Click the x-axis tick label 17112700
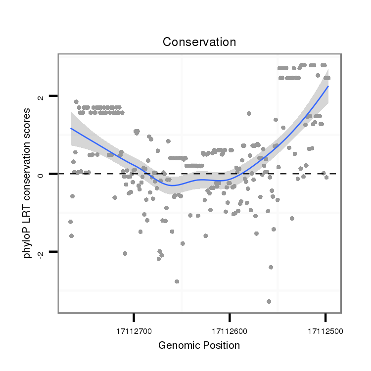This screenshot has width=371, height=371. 134,330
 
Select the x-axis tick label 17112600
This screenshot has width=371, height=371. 230,330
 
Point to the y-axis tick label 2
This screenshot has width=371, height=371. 41,96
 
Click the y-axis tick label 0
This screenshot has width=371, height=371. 41,174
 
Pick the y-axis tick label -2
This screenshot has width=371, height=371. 41,253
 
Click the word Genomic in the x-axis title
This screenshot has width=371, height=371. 177,345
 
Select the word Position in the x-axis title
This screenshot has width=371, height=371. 220,345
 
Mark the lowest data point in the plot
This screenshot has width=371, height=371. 269,301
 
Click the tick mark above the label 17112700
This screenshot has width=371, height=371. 134,317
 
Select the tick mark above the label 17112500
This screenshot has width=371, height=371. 325,317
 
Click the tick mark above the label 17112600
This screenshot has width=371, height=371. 230,317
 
